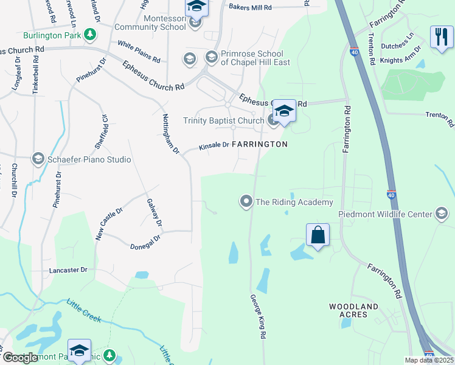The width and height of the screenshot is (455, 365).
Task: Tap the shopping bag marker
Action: (x=318, y=235)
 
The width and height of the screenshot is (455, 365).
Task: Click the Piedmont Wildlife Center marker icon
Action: (x=442, y=214)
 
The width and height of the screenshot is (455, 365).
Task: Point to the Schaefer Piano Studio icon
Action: (x=38, y=159)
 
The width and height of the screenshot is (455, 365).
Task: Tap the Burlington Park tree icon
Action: (x=91, y=35)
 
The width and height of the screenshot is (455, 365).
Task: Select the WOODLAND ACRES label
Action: (x=354, y=310)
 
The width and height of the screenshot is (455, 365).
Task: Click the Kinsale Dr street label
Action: (x=214, y=146)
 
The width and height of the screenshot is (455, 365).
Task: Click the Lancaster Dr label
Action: (x=68, y=269)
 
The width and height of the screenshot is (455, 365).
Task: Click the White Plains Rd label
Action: (x=139, y=52)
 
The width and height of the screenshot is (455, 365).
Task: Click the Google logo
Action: (x=20, y=358)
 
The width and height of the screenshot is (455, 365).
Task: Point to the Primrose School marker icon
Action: (x=211, y=57)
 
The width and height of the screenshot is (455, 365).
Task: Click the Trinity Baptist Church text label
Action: (x=224, y=121)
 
